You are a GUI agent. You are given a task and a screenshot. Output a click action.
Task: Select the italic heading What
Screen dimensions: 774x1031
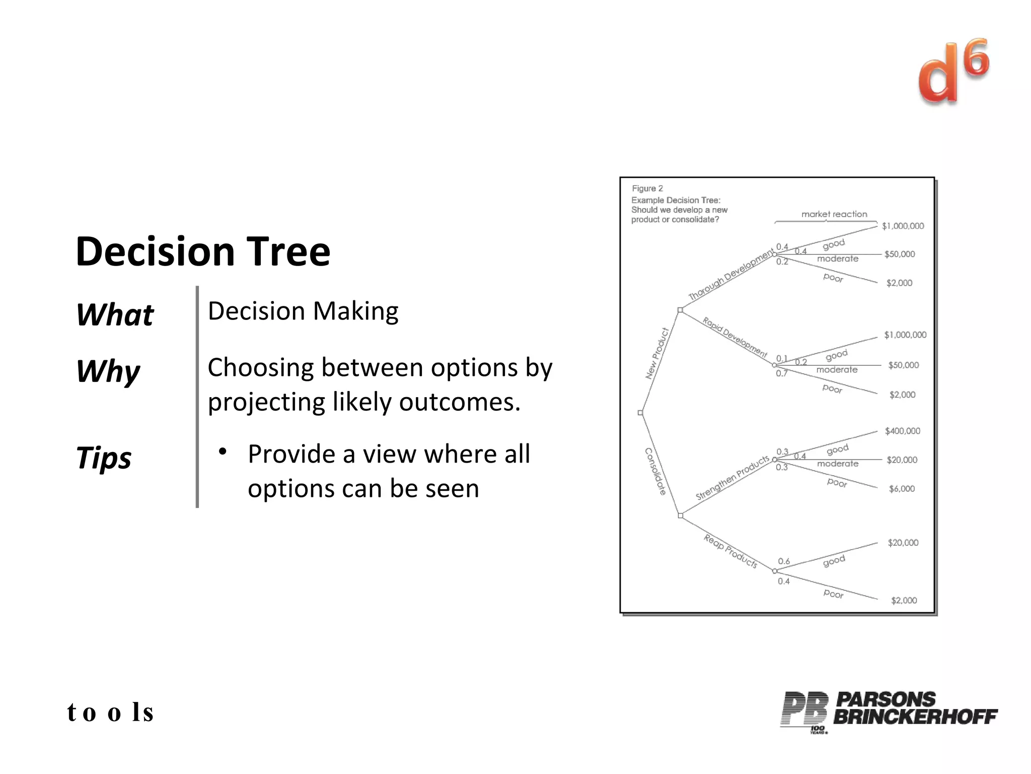click(115, 315)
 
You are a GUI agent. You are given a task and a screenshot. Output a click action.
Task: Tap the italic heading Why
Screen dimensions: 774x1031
click(108, 371)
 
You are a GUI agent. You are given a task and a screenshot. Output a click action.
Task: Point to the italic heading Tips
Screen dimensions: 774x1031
click(104, 458)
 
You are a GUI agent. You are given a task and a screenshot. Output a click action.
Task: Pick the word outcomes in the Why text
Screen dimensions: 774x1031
click(459, 402)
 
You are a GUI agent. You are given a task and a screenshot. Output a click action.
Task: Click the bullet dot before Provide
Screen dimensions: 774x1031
click(222, 451)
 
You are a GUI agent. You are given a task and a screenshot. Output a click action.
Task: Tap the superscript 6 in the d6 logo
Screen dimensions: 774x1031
click(977, 58)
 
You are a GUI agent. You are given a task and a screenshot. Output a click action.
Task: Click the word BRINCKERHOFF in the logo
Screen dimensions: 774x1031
click(915, 717)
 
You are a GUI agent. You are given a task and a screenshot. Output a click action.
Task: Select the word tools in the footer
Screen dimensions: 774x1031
click(110, 713)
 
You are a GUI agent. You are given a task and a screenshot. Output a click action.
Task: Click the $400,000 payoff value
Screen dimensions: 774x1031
click(902, 431)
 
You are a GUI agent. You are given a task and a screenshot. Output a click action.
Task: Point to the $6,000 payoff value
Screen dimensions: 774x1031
click(902, 489)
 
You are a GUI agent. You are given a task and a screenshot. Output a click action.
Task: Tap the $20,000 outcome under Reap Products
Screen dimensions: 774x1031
click(903, 543)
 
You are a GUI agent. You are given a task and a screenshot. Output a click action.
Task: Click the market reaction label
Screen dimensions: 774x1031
click(834, 214)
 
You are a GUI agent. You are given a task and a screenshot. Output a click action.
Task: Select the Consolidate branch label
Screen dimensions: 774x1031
click(655, 472)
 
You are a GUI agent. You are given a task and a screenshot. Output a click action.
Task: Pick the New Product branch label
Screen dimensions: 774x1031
click(657, 353)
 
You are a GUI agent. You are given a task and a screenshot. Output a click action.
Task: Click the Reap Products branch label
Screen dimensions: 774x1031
click(730, 551)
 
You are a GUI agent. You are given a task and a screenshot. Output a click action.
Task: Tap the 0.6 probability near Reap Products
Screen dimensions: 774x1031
click(784, 561)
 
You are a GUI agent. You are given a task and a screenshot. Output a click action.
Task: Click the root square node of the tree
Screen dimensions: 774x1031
click(640, 413)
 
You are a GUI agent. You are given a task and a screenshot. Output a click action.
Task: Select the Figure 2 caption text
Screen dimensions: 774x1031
click(647, 188)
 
